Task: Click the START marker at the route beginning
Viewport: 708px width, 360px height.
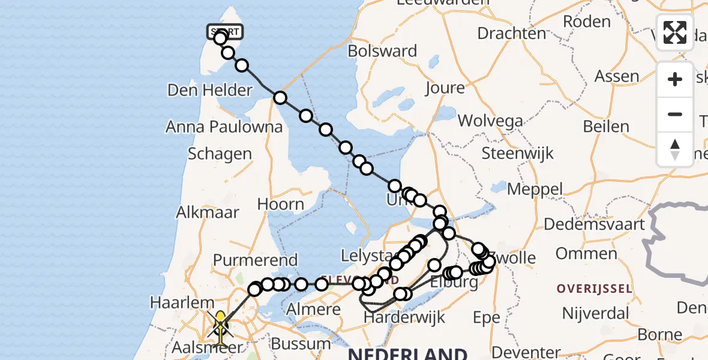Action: (225, 31)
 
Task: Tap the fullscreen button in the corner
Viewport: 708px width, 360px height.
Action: (675, 32)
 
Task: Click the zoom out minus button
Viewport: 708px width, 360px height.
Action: (675, 114)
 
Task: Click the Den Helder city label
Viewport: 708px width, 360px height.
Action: (209, 91)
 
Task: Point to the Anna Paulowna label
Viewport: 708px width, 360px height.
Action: (224, 127)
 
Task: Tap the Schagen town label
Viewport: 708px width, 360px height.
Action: (220, 154)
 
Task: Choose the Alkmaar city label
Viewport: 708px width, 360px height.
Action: (208, 212)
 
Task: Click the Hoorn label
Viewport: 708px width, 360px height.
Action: (280, 204)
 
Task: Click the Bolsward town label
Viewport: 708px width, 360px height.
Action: (382, 51)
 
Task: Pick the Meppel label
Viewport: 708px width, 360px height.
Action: (535, 190)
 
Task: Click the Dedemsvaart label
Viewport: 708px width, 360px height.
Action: (594, 224)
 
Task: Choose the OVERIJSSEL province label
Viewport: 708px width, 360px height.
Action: (594, 289)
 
